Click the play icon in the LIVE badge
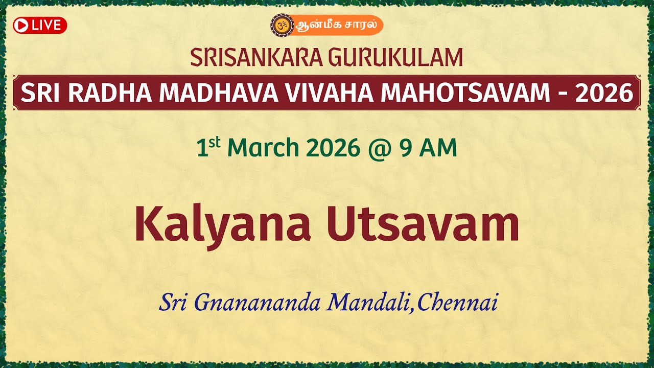[21, 26]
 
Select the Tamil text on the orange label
[337, 25]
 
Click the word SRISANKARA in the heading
[256, 57]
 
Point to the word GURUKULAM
[395, 57]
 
